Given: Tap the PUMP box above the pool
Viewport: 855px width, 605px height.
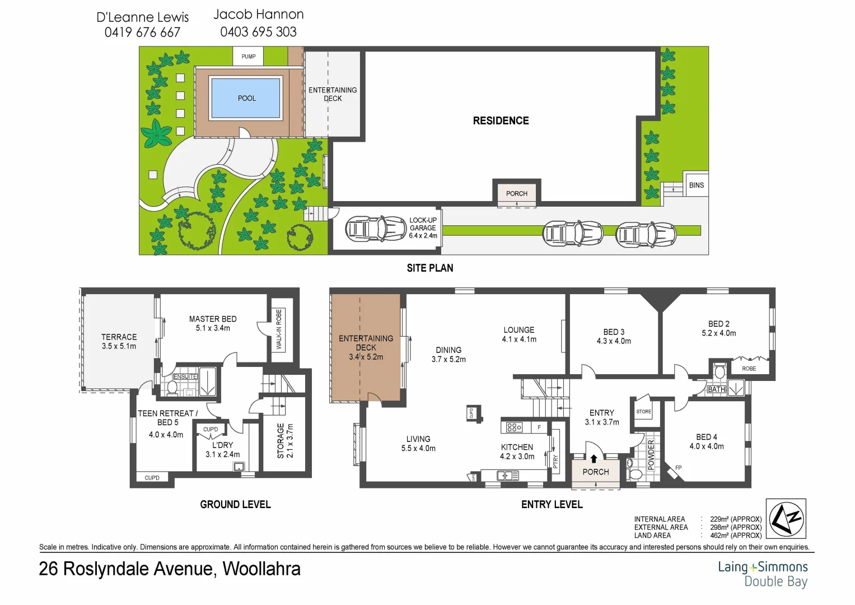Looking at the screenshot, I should [249, 57].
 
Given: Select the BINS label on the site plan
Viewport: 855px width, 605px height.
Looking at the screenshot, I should [696, 185].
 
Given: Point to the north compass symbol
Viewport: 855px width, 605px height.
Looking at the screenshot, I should [786, 519].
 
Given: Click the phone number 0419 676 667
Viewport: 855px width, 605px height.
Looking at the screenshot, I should [142, 32].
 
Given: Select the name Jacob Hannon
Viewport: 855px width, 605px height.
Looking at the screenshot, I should [259, 15].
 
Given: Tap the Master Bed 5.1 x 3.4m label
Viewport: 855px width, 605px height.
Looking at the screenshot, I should [213, 323].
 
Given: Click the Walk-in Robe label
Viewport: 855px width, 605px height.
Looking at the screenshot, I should [279, 329].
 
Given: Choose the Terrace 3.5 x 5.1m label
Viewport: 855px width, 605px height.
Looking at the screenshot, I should [119, 341].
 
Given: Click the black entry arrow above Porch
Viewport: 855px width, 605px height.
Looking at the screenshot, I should [594, 459].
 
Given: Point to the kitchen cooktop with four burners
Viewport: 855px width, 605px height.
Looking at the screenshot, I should [514, 427].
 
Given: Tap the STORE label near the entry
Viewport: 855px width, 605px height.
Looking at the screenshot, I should [643, 412].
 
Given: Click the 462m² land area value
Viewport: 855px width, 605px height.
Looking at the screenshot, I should [735, 536].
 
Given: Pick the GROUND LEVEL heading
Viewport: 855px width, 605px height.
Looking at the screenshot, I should [235, 505].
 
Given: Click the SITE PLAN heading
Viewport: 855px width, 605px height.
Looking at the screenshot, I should [429, 268].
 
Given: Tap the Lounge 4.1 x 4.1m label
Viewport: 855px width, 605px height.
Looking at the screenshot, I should [518, 334].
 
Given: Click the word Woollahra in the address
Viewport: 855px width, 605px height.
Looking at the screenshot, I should [261, 569].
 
